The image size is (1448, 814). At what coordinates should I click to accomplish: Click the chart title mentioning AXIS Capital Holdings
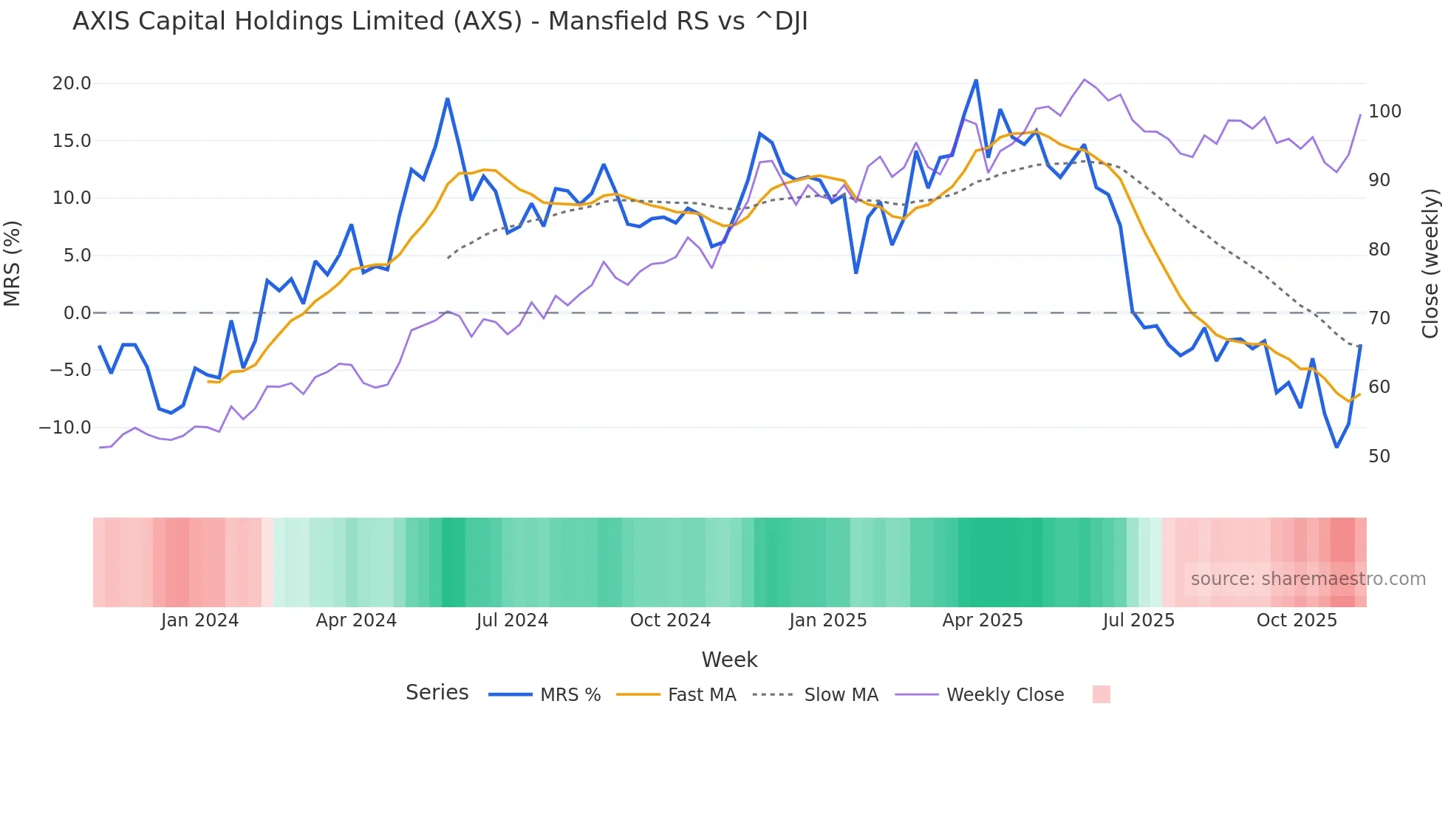click(440, 21)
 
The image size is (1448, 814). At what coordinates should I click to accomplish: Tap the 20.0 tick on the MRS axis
click(72, 83)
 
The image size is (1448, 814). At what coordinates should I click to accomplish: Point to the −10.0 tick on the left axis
click(65, 428)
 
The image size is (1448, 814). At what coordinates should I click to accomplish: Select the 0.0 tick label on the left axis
click(77, 313)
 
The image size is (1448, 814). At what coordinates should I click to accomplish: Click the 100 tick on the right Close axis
click(1384, 112)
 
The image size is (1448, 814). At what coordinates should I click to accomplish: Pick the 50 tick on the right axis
click(1379, 456)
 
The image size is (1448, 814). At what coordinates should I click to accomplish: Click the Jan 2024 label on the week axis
click(199, 620)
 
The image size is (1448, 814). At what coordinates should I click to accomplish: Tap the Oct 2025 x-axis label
click(1297, 620)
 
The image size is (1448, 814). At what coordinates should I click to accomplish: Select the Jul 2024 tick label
click(512, 620)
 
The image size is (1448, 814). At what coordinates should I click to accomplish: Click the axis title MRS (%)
click(13, 263)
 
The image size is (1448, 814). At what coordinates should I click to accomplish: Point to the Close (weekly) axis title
click(1430, 263)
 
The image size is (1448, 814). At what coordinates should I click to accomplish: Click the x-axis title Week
click(729, 660)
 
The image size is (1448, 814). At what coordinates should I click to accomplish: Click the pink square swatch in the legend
click(1101, 694)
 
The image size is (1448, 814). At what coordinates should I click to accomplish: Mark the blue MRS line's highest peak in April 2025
click(976, 81)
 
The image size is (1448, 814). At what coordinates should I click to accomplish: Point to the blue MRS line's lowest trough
click(1336, 447)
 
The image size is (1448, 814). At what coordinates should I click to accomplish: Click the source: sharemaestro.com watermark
click(1308, 579)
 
